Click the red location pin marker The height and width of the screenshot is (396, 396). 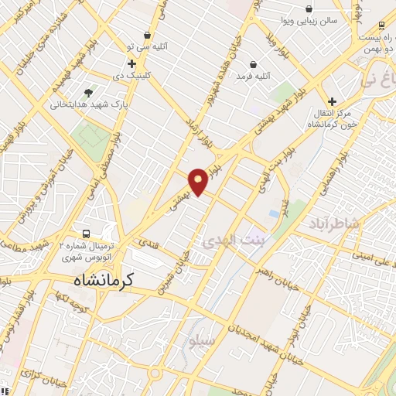click(x=198, y=181)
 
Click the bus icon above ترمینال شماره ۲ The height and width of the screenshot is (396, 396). click(x=86, y=233)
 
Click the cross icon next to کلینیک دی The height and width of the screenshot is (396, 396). click(x=132, y=63)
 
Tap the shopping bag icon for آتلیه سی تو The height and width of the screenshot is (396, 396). click(x=147, y=36)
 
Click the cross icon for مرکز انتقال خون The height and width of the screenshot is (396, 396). click(x=332, y=101)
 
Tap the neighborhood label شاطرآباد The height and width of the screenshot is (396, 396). click(x=335, y=224)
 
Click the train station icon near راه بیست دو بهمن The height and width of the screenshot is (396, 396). click(x=381, y=25)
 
